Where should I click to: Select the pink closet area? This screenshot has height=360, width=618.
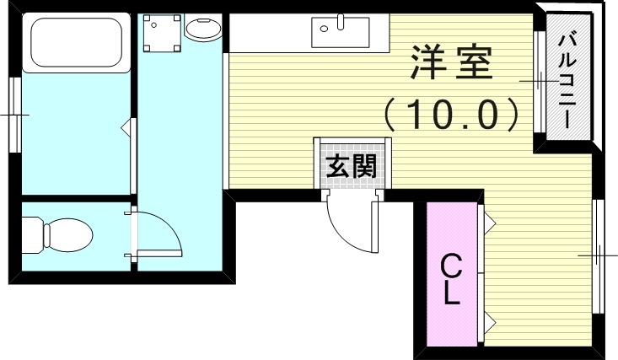click(x=452, y=274)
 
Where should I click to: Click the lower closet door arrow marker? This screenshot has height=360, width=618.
click(x=489, y=319)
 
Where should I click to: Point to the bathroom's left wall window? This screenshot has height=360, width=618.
click(x=14, y=114)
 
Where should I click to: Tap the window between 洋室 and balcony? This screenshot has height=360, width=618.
click(x=538, y=81)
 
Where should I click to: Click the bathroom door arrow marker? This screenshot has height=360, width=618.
click(x=127, y=129)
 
